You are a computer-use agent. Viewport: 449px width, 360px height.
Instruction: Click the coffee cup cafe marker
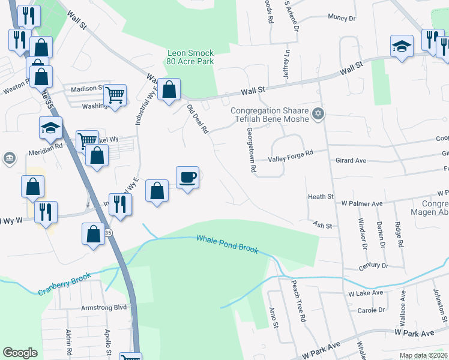pyautogui.click(x=188, y=178)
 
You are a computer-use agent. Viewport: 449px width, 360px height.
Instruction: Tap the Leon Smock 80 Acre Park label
pyautogui.click(x=190, y=57)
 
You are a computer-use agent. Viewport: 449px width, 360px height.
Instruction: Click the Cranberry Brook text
pyautogui.click(x=65, y=284)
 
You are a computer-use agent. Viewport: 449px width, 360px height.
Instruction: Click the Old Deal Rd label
pyautogui.click(x=197, y=119)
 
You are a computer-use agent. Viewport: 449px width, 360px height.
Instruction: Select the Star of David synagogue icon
pyautogui.click(x=319, y=113)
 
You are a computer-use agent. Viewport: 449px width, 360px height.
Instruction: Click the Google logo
pyautogui.click(x=20, y=353)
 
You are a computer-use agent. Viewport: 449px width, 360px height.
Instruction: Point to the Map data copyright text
pyautogui.click(x=423, y=356)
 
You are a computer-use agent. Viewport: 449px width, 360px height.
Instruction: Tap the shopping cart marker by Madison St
pyautogui.click(x=115, y=95)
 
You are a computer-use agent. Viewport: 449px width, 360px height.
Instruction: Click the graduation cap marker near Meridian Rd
pyautogui.click(x=50, y=127)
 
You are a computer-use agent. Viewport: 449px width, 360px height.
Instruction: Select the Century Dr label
pyautogui.click(x=372, y=265)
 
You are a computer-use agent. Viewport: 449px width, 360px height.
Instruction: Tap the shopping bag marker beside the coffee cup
pyautogui.click(x=157, y=191)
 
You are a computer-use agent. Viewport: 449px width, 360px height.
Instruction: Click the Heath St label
pyautogui.click(x=321, y=197)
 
